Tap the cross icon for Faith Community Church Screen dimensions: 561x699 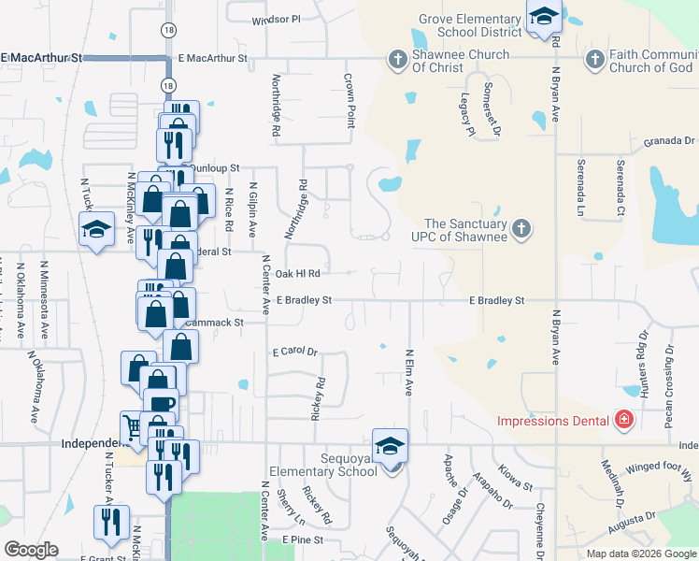coord(593,61)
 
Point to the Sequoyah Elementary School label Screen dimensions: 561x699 coord(322,465)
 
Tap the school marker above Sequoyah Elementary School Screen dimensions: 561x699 coord(391,446)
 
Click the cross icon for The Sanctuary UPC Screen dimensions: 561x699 coord(522,226)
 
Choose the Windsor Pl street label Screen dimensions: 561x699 coord(277,19)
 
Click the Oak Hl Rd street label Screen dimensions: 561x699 coord(298,273)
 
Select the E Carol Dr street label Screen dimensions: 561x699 coord(295,352)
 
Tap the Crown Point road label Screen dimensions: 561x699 coord(350,102)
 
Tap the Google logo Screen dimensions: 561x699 coord(31,550)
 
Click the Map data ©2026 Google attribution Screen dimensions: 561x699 coord(641,554)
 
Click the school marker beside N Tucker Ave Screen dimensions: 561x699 coord(96,230)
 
